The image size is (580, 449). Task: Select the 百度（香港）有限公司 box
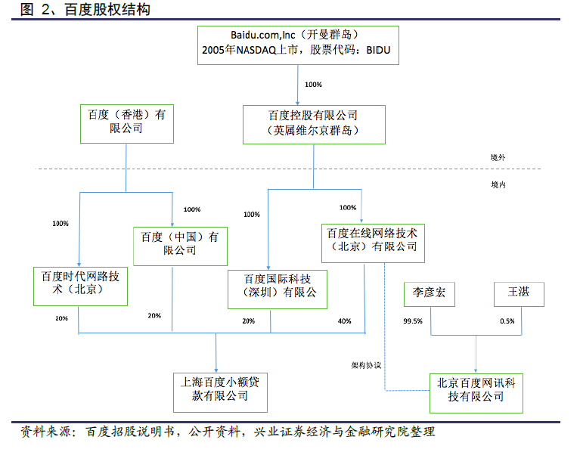(x=126, y=124)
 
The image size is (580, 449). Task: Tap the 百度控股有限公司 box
(x=313, y=124)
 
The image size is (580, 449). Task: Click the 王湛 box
(x=518, y=294)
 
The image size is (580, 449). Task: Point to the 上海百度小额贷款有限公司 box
(x=216, y=389)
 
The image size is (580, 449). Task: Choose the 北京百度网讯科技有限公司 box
(x=476, y=392)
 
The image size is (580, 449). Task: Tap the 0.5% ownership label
(x=507, y=320)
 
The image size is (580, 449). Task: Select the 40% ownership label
(x=345, y=321)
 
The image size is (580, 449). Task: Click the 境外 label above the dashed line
(x=498, y=157)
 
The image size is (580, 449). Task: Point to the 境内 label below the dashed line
(x=498, y=184)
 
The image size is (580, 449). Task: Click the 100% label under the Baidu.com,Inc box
(x=312, y=85)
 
